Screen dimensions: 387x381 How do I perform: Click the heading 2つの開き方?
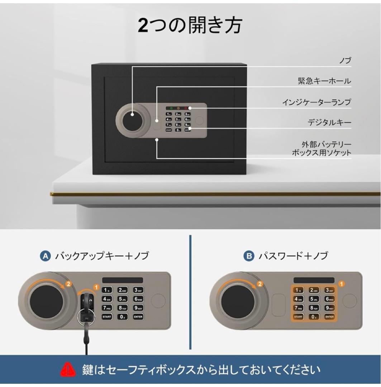tap(190, 25)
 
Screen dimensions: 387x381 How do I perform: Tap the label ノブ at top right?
tap(345, 61)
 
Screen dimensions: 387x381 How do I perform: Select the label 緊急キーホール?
tap(324, 81)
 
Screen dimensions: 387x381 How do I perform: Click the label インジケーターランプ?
tap(316, 102)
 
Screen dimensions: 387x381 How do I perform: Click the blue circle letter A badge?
tap(45, 256)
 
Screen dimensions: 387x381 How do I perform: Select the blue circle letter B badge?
tap(248, 256)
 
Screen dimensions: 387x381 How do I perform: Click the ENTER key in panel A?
tap(138, 316)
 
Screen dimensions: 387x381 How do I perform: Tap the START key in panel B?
tap(298, 316)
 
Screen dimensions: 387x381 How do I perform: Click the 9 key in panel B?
tap(329, 308)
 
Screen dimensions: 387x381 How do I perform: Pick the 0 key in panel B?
tap(314, 316)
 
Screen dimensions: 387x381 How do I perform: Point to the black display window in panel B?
tap(314, 281)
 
